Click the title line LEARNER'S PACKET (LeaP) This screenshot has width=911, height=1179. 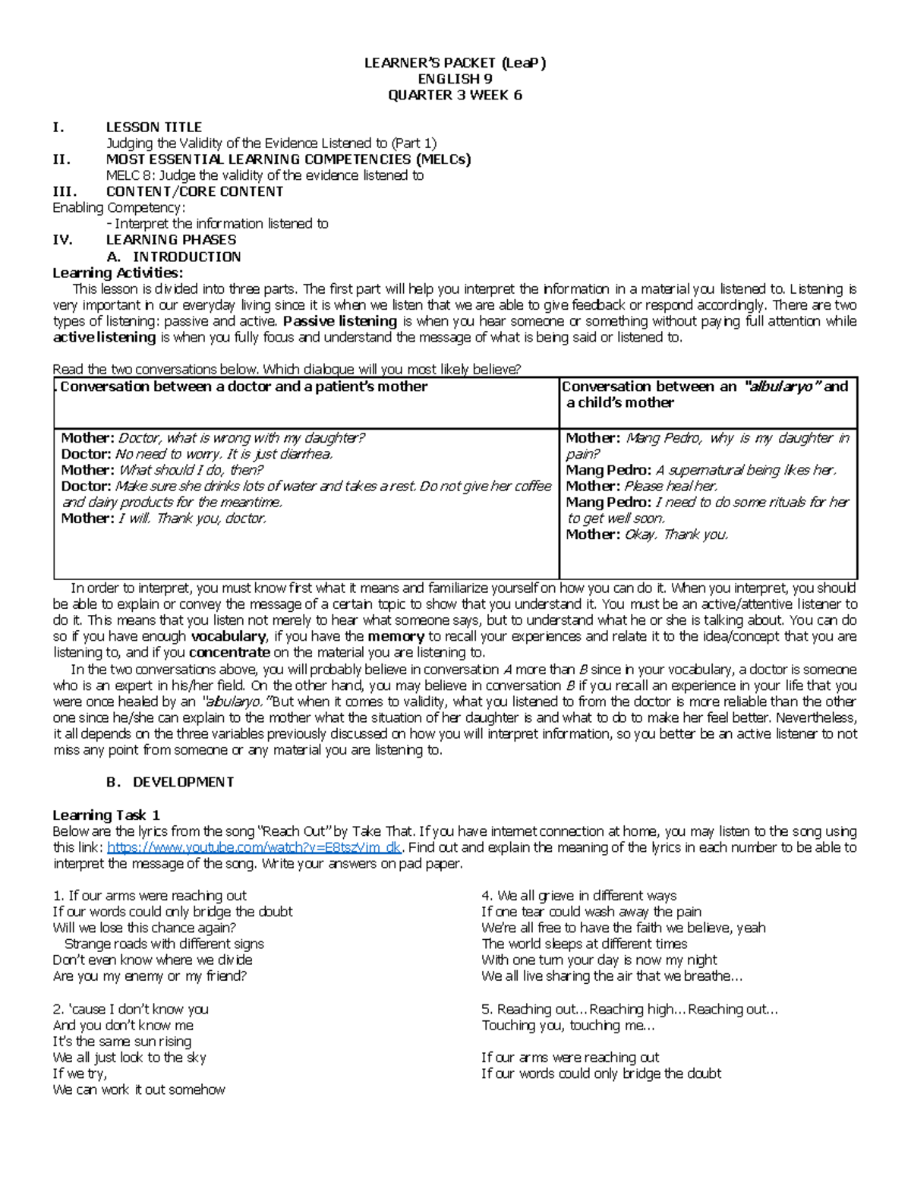pyautogui.click(x=455, y=63)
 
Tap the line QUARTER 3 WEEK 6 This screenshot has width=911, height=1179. pyautogui.click(x=455, y=95)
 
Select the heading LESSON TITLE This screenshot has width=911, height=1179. pyautogui.click(x=153, y=127)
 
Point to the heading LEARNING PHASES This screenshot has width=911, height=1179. pyautogui.click(x=171, y=240)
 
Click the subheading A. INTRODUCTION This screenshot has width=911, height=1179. pyautogui.click(x=174, y=257)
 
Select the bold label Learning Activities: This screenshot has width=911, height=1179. pyautogui.click(x=117, y=273)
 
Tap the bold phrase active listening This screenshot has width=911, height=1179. pyautogui.click(x=104, y=337)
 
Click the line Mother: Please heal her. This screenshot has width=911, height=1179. pyautogui.click(x=641, y=486)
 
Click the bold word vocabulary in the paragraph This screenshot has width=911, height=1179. pyautogui.click(x=228, y=636)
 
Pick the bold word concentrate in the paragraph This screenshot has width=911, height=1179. pyautogui.click(x=229, y=652)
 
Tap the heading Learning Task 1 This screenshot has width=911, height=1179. pyautogui.click(x=106, y=815)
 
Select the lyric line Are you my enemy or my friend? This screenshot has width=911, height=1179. pyautogui.click(x=150, y=976)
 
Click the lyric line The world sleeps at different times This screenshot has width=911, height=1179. pyautogui.click(x=584, y=944)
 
